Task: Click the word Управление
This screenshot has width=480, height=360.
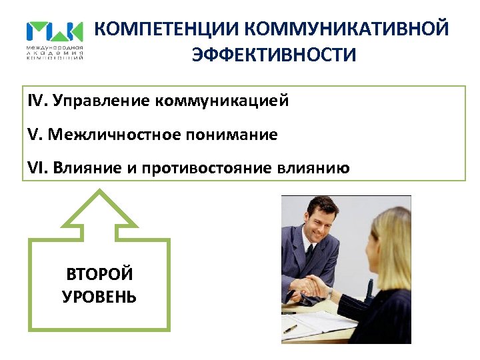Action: point(100,102)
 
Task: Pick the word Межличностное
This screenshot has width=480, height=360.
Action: point(110,135)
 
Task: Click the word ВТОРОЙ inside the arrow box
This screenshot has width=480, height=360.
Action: point(99,273)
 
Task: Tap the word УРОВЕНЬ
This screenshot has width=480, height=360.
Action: point(99,296)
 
